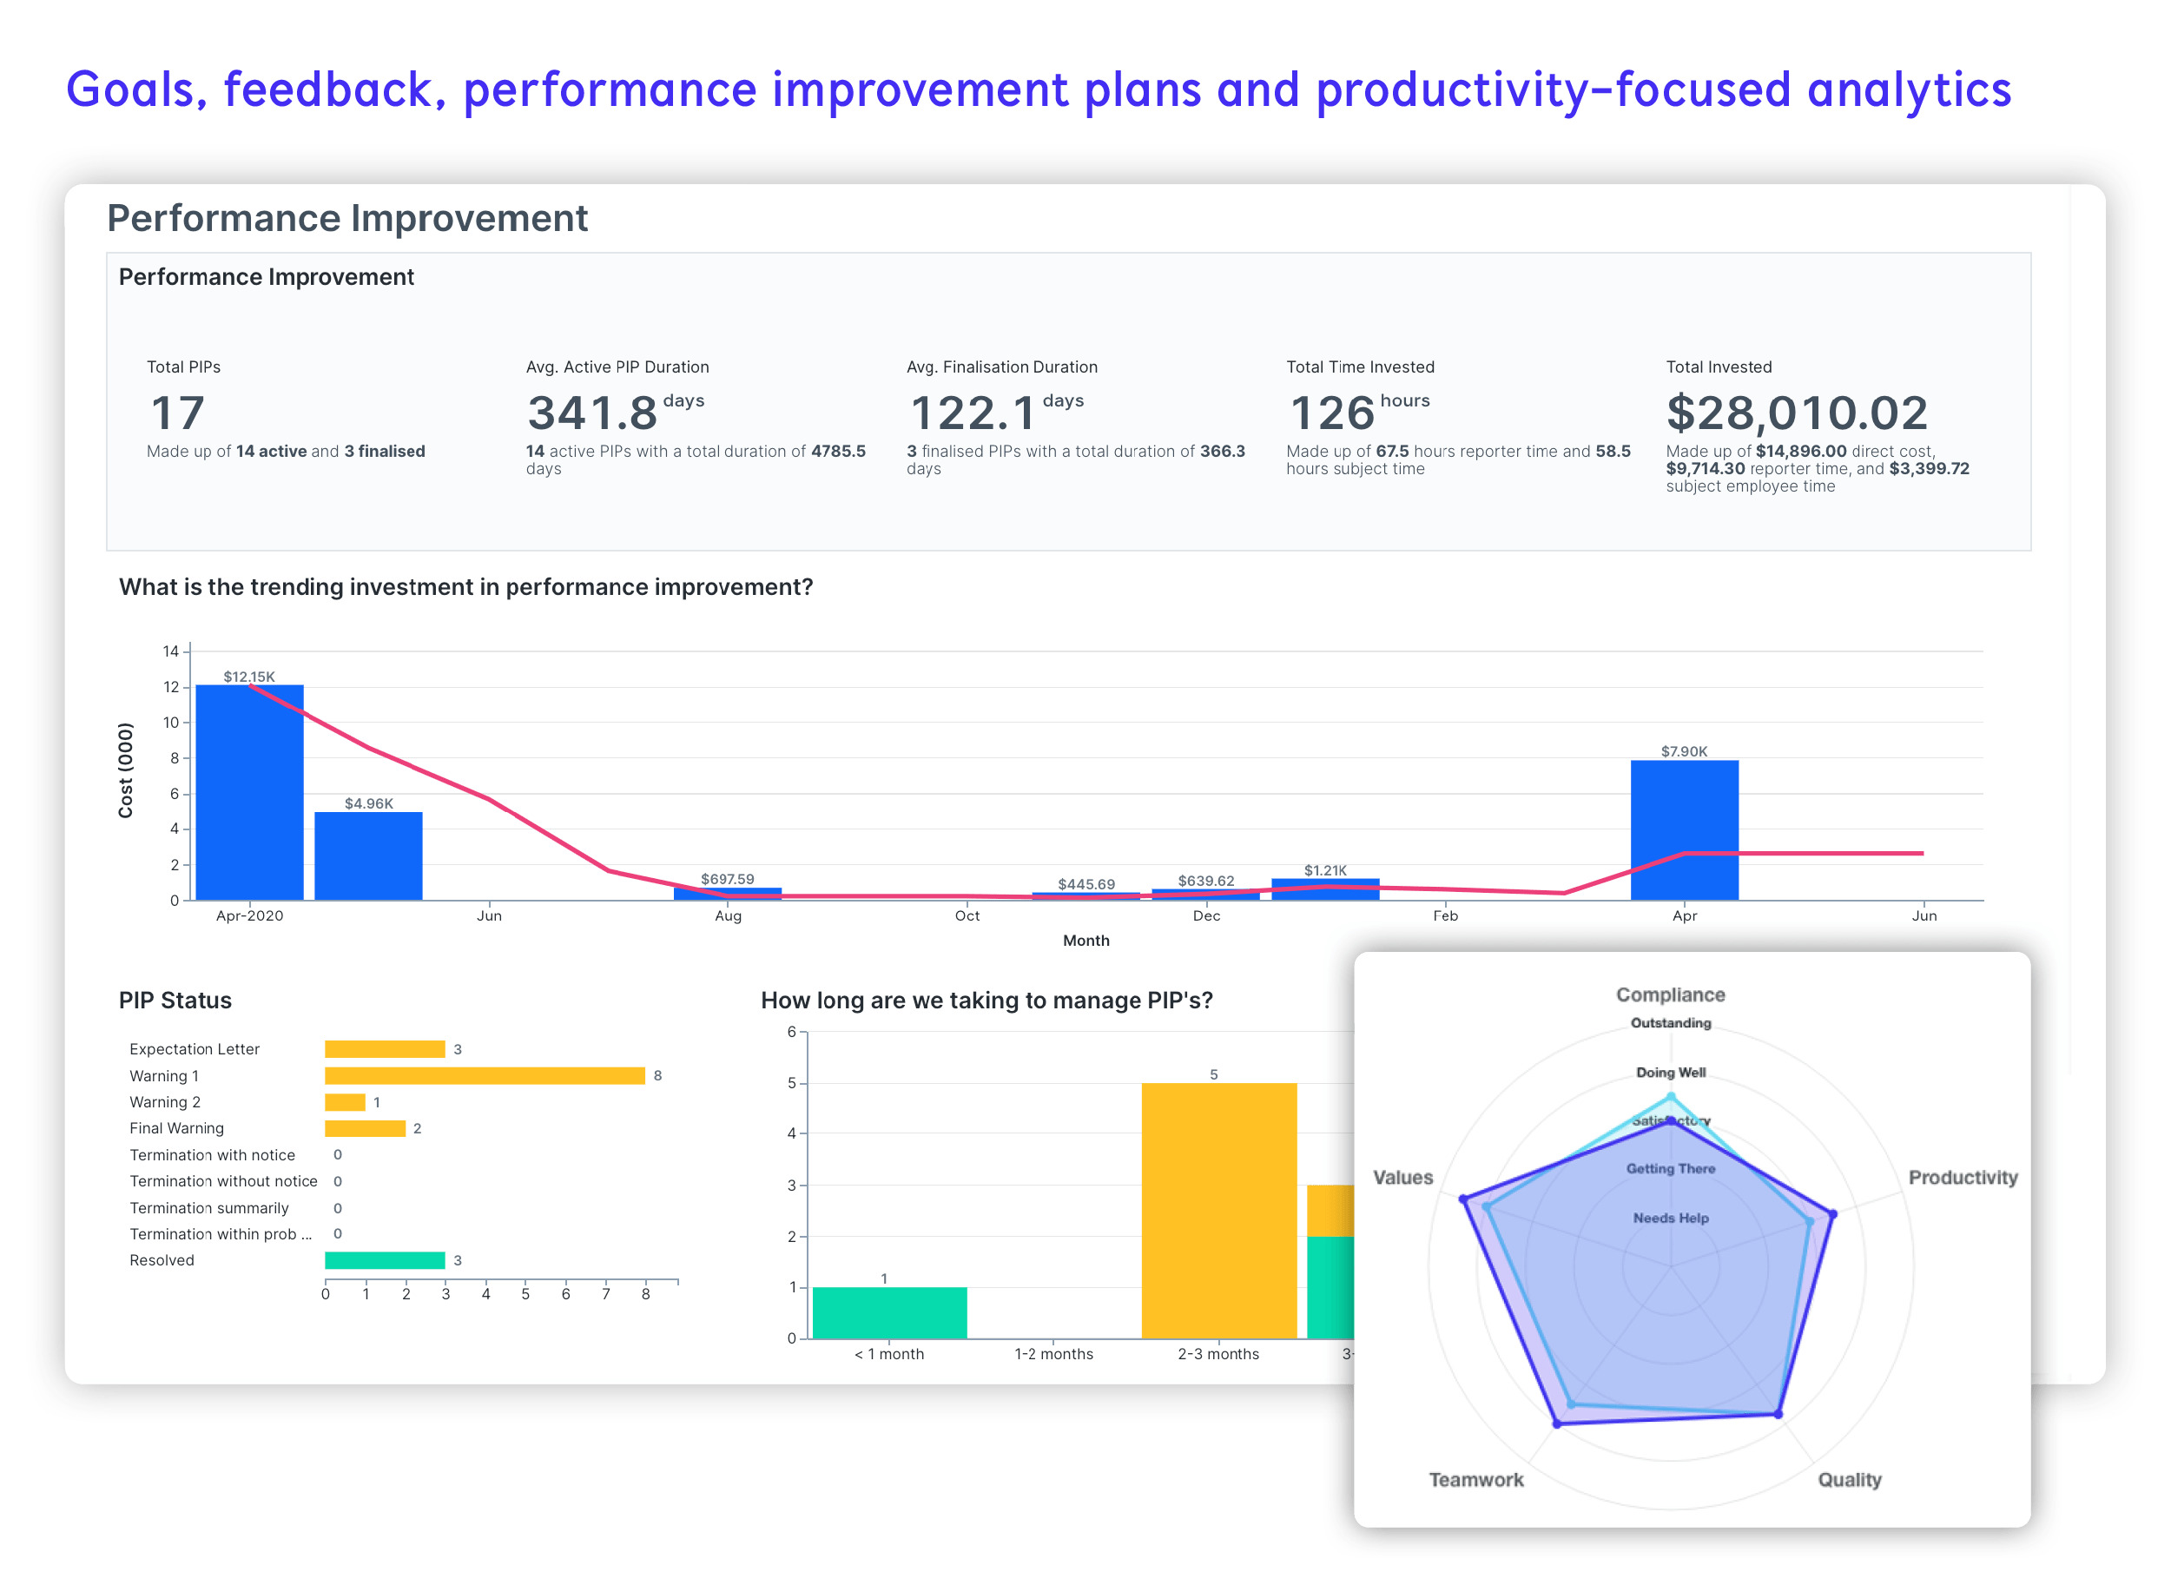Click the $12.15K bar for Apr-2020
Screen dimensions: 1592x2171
[249, 792]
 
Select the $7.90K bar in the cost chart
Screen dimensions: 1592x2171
[1684, 829]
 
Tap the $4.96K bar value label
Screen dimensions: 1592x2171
[368, 803]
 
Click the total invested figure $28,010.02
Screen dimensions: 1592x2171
[1796, 413]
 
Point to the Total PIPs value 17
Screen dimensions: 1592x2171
[178, 413]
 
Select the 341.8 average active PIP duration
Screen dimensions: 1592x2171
[592, 413]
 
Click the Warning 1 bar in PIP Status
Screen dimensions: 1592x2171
[485, 1075]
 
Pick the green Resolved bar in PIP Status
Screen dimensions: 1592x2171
[385, 1260]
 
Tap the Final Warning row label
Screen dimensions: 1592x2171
[176, 1128]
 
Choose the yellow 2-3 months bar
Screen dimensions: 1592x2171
[1218, 1211]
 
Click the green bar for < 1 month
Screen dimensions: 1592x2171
[889, 1312]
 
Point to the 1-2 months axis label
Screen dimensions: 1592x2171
[1053, 1354]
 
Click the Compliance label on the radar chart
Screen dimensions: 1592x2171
[1670, 994]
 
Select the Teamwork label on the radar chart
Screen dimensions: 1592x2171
[1475, 1480]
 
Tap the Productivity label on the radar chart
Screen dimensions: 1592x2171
[1962, 1178]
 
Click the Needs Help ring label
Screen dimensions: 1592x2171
[1670, 1218]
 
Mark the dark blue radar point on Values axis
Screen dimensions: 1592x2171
[1464, 1199]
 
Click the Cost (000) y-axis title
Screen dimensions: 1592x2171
[125, 770]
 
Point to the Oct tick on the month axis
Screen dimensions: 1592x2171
[967, 915]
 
